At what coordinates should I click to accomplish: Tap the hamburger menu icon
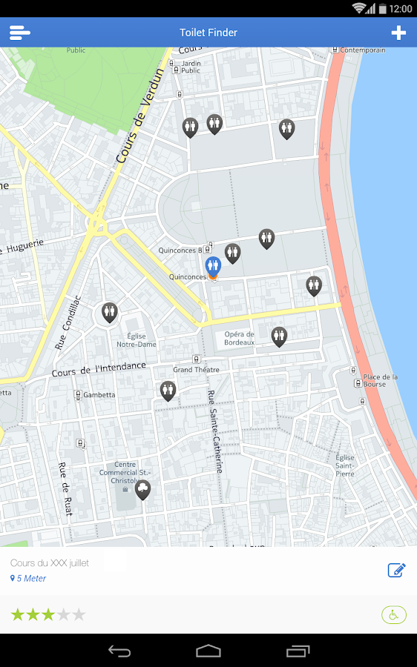click(20, 33)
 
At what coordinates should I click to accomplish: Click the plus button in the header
click(398, 33)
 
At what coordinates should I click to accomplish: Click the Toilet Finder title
click(208, 33)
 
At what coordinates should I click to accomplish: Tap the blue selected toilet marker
click(213, 266)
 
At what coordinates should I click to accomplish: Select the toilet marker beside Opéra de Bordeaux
click(279, 336)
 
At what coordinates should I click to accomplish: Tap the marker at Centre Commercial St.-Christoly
click(142, 489)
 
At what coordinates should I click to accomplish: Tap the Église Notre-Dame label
click(137, 340)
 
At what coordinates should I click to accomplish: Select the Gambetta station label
click(99, 395)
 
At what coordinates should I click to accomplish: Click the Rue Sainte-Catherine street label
click(214, 431)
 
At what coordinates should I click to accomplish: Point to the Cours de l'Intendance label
click(99, 369)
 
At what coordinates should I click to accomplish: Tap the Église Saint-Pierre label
click(345, 465)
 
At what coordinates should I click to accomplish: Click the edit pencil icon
click(396, 570)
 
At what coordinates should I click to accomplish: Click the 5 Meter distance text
click(31, 579)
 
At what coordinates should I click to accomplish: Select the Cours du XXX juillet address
click(50, 563)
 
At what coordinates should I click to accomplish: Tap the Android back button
click(119, 651)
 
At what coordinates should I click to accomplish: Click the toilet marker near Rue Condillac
click(110, 313)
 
